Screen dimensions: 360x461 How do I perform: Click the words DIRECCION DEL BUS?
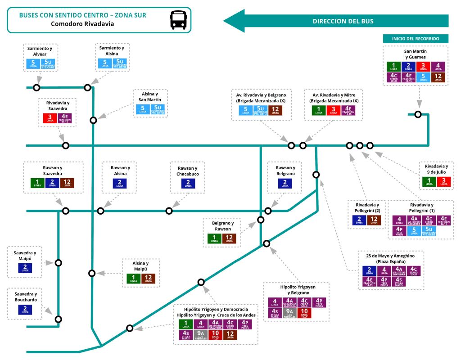(x=343, y=21)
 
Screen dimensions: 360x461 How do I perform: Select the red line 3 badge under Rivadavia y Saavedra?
(x=50, y=119)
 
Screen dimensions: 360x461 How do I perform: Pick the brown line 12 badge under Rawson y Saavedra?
(x=67, y=184)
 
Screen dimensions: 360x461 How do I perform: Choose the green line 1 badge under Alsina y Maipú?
(x=133, y=278)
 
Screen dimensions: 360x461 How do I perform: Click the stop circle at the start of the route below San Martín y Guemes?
(x=418, y=114)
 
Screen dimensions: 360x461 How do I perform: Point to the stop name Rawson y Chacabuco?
(x=188, y=171)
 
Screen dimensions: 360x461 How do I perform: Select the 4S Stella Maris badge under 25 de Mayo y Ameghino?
(x=400, y=282)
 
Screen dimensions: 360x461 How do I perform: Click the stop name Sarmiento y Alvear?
(x=40, y=51)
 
